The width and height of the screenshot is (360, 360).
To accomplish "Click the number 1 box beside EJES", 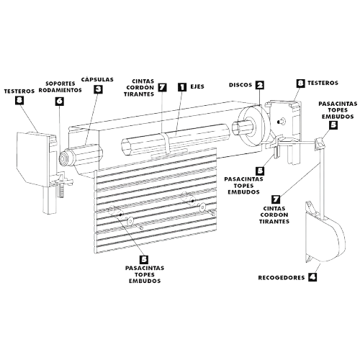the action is (x=182, y=86).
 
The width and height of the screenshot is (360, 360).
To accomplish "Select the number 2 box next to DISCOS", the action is (x=259, y=85).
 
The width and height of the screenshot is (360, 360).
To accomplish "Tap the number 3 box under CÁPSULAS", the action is (x=98, y=89).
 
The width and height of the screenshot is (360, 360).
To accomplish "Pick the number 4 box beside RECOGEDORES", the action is (x=312, y=277).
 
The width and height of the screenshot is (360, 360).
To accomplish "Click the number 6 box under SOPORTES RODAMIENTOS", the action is (x=59, y=101).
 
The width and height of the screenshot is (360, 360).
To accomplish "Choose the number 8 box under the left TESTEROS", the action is (x=19, y=100).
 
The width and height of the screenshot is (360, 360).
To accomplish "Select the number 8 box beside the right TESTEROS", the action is (x=300, y=84).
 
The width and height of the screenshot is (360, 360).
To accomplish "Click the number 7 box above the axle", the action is (x=163, y=86).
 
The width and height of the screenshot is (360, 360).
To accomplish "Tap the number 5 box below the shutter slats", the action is (x=144, y=259).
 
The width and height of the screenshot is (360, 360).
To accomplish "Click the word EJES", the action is (x=197, y=86).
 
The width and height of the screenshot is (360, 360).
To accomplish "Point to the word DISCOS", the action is (x=240, y=85).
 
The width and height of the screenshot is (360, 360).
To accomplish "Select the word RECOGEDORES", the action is (x=282, y=278).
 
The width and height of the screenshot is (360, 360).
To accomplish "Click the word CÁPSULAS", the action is (x=97, y=79).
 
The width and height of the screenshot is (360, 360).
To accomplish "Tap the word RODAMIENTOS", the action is (x=60, y=90).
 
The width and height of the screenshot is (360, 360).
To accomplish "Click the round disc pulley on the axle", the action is (x=253, y=127).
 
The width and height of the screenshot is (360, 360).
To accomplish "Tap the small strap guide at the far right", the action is (x=319, y=143).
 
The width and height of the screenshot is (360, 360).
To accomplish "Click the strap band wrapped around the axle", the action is (x=166, y=143).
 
